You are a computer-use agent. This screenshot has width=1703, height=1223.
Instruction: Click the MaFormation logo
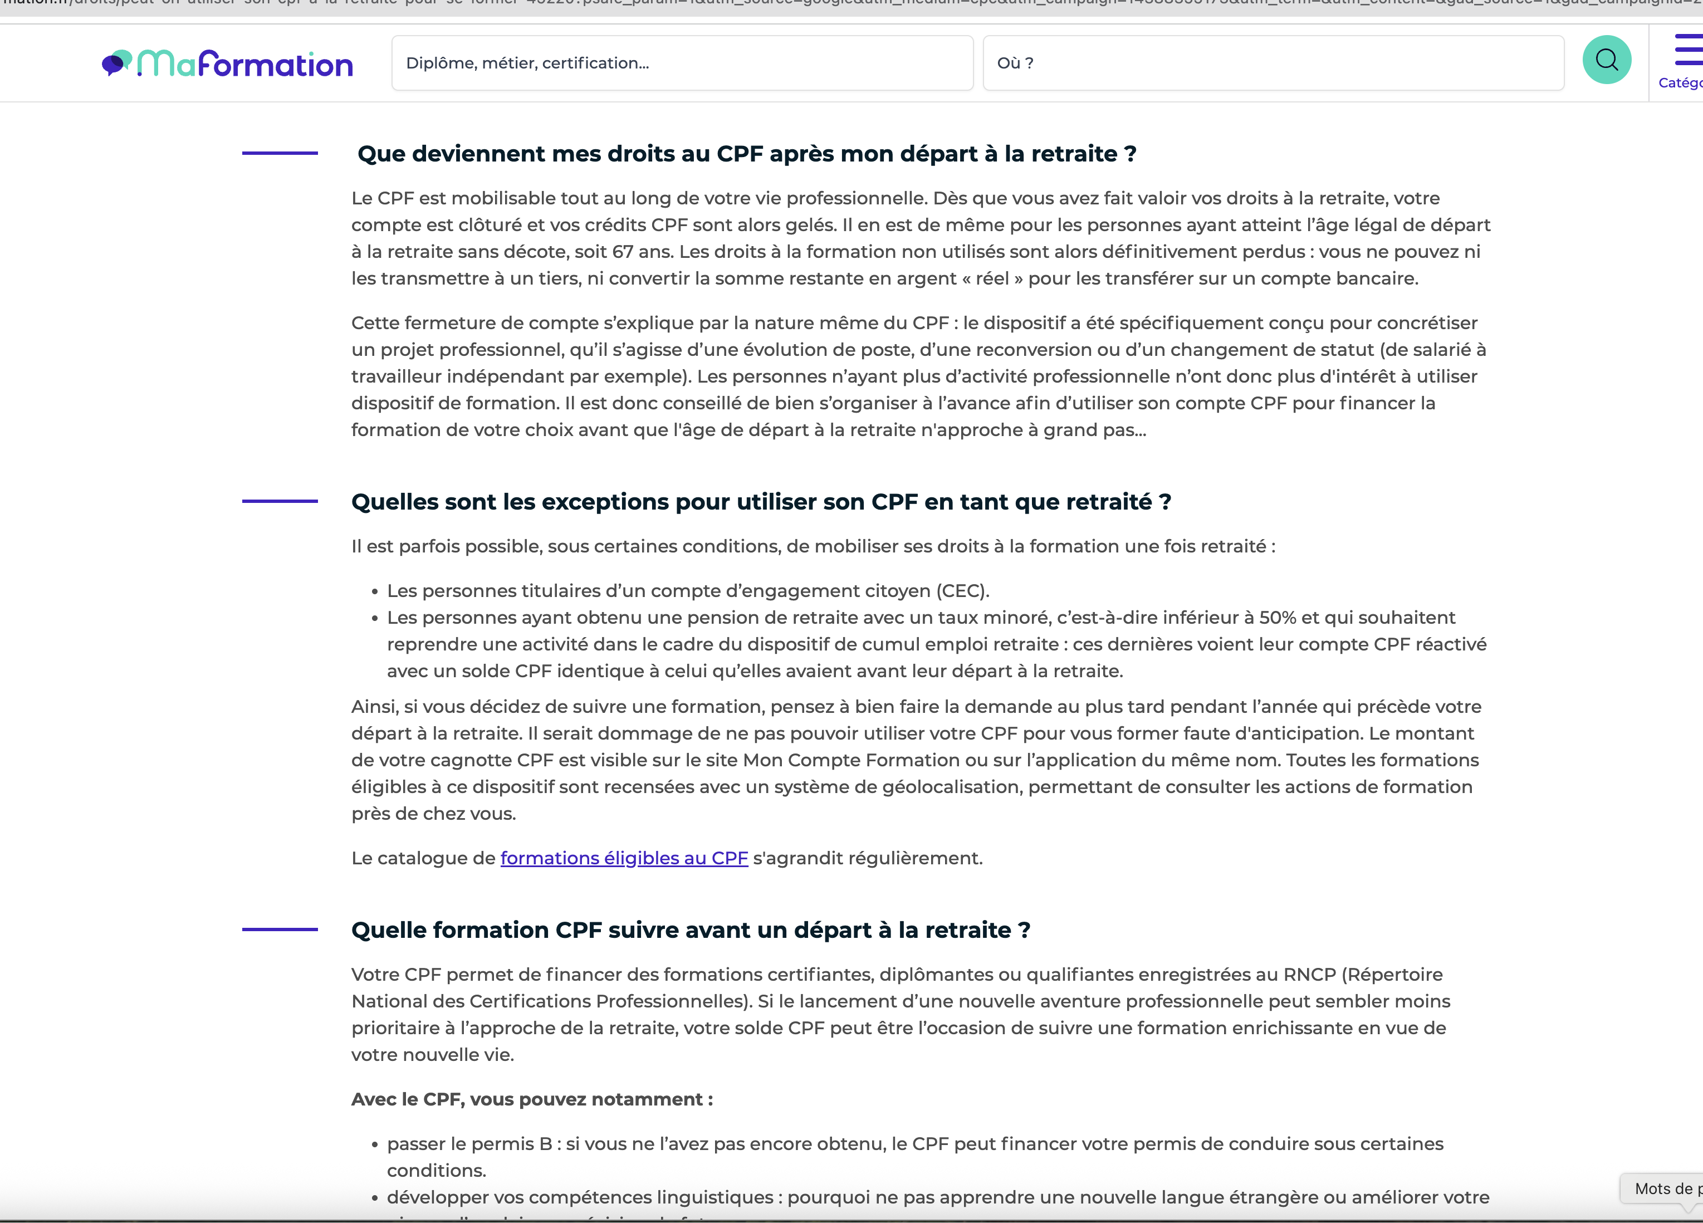click(228, 65)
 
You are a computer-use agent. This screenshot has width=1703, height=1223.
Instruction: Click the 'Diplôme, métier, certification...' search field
click(682, 63)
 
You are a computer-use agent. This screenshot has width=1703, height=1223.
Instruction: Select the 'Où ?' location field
click(1273, 63)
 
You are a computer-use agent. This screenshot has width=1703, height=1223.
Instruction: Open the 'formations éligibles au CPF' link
click(624, 858)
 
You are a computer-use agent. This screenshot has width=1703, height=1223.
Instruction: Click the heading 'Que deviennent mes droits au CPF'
click(746, 154)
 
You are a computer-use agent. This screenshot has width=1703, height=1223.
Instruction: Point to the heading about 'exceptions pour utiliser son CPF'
click(761, 502)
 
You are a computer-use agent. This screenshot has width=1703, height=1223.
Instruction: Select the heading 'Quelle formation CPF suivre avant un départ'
click(690, 930)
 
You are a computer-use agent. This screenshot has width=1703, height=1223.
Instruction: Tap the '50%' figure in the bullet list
click(1278, 618)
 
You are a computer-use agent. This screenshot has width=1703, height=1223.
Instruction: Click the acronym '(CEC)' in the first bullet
click(962, 591)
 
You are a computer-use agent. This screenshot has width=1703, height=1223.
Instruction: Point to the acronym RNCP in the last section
click(1309, 975)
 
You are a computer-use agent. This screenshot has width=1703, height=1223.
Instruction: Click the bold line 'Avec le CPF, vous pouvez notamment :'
click(532, 1099)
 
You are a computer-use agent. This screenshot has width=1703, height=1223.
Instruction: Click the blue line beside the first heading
click(280, 153)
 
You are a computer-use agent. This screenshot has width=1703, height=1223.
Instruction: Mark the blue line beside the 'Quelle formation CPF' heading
click(280, 930)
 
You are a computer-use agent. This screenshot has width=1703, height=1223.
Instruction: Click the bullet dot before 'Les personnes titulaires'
click(375, 593)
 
